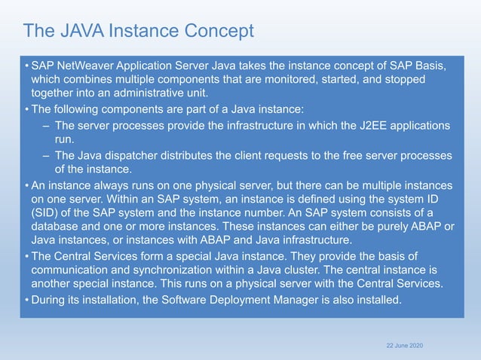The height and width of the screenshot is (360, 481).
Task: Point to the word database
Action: click(x=57, y=227)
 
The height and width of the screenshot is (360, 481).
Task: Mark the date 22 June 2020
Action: click(x=405, y=344)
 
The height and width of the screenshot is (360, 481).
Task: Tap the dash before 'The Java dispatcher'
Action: click(x=47, y=155)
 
